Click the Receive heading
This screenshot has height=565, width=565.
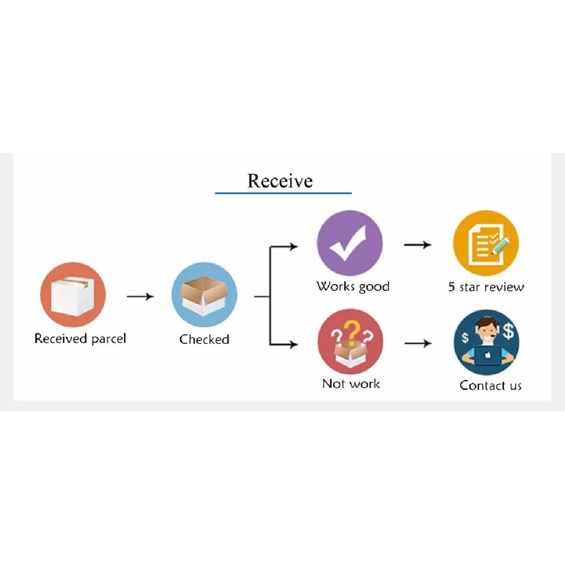pyautogui.click(x=280, y=180)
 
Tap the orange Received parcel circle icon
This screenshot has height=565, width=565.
pyautogui.click(x=73, y=295)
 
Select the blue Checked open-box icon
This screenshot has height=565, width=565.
pyautogui.click(x=204, y=295)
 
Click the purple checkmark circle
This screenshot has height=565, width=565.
pyautogui.click(x=349, y=243)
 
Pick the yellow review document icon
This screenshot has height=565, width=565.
pyautogui.click(x=486, y=243)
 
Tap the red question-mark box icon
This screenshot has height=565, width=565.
pyautogui.click(x=350, y=342)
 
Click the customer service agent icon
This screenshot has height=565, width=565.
pyautogui.click(x=487, y=342)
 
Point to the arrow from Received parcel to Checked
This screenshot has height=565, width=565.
pyautogui.click(x=140, y=296)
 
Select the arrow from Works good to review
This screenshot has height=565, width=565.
pyautogui.click(x=418, y=244)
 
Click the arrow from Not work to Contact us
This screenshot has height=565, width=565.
pyautogui.click(x=418, y=343)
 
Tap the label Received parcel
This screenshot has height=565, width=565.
pyautogui.click(x=80, y=339)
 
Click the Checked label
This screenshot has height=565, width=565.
pyautogui.click(x=204, y=339)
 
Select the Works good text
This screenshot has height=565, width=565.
pyautogui.click(x=353, y=287)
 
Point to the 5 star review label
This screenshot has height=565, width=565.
pyautogui.click(x=486, y=287)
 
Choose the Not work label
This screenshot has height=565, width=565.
pyautogui.click(x=351, y=383)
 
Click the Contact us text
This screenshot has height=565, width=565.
pyautogui.click(x=491, y=385)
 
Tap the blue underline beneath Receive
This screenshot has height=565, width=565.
pyautogui.click(x=283, y=193)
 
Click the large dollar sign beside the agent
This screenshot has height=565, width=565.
pyautogui.click(x=508, y=331)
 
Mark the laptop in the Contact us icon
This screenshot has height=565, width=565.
pyautogui.click(x=487, y=356)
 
